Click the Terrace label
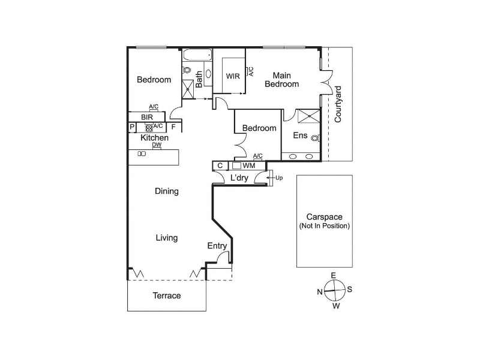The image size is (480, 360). pyautogui.click(x=167, y=295)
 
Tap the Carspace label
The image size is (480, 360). pyautogui.click(x=324, y=217)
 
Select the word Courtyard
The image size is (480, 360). pyautogui.click(x=338, y=104)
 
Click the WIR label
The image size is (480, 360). pyautogui.click(x=233, y=76)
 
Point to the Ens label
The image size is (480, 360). pyautogui.click(x=300, y=136)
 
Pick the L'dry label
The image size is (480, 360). pyautogui.click(x=239, y=178)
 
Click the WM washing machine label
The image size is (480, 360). pyautogui.click(x=248, y=166)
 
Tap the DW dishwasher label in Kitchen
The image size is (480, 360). pyautogui.click(x=157, y=145)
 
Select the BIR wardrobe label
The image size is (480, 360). pyautogui.click(x=147, y=117)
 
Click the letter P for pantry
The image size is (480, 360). pyautogui.click(x=132, y=127)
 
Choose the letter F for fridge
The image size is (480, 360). pyautogui.click(x=173, y=127)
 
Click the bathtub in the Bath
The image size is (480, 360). pyautogui.click(x=197, y=55)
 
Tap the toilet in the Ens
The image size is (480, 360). pyautogui.click(x=316, y=138)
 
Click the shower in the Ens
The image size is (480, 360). pyautogui.click(x=309, y=116)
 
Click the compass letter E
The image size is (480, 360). pyautogui.click(x=334, y=275)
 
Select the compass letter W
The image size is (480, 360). pyautogui.click(x=336, y=306)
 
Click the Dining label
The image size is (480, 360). pyautogui.click(x=167, y=191)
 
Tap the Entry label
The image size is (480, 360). pyautogui.click(x=217, y=246)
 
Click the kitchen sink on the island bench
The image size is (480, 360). pyautogui.click(x=142, y=154)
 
